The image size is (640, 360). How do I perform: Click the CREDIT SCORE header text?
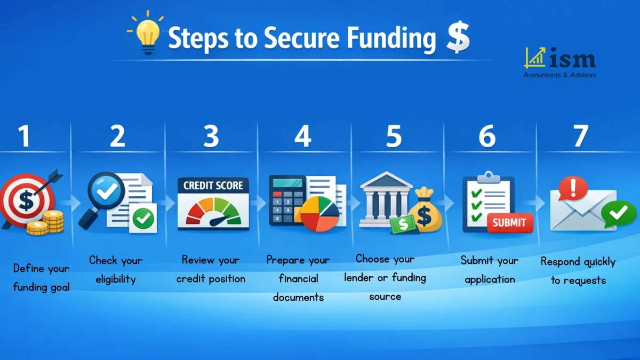coord(213,186)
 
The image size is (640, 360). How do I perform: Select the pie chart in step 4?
coord(319,213)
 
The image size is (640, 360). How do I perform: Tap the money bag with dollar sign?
coord(426,211)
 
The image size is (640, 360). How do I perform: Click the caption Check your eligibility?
coord(116,269)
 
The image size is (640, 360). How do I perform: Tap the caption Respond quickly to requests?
coord(578,270)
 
